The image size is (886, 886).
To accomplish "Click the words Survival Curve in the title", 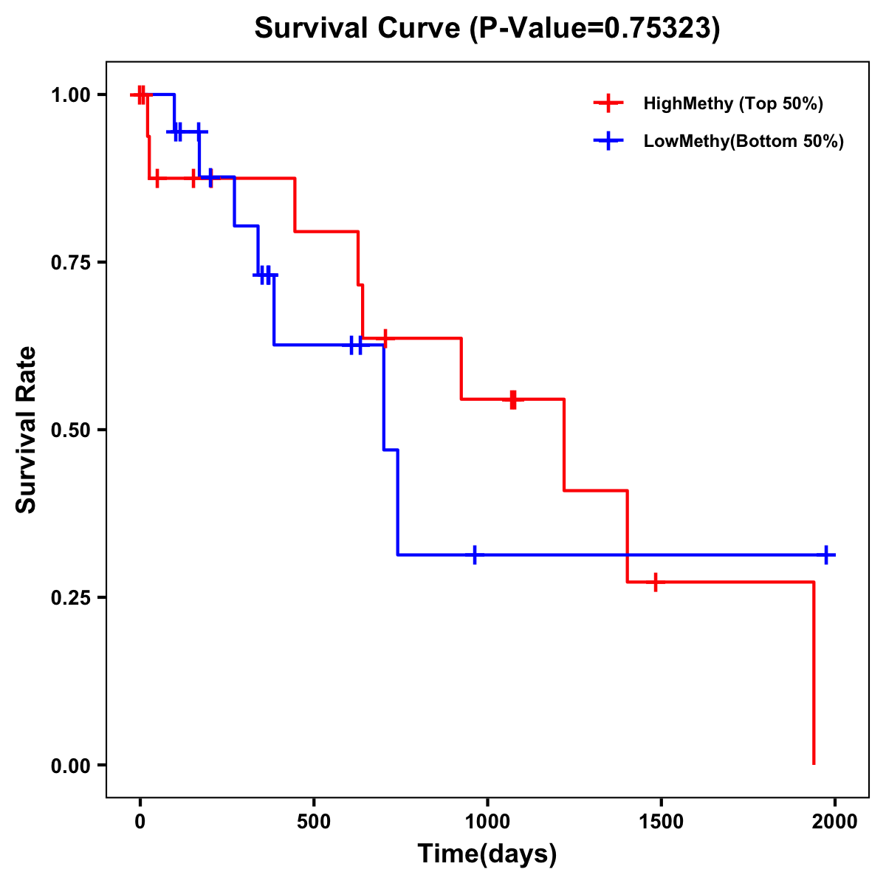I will click(358, 28).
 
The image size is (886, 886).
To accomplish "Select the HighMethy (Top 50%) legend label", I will click(733, 103).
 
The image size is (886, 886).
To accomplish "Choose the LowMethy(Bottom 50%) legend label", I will click(744, 141).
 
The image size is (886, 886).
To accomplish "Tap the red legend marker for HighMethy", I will click(608, 103).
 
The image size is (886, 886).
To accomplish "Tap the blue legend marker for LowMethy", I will click(608, 141).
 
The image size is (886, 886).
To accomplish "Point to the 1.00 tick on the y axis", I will click(70, 95).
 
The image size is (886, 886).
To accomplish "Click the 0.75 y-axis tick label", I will click(70, 263).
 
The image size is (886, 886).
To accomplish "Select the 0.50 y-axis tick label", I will click(70, 430).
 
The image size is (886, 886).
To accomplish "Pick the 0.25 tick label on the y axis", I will click(70, 598).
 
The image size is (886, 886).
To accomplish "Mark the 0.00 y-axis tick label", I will click(70, 766).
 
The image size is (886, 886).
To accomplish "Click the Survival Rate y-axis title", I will click(27, 430).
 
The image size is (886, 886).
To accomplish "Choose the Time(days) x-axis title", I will click(487, 854).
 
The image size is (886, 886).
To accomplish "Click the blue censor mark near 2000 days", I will click(826, 554).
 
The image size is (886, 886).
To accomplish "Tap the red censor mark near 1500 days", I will click(655, 582).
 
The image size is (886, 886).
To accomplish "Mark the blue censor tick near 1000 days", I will click(474, 554).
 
